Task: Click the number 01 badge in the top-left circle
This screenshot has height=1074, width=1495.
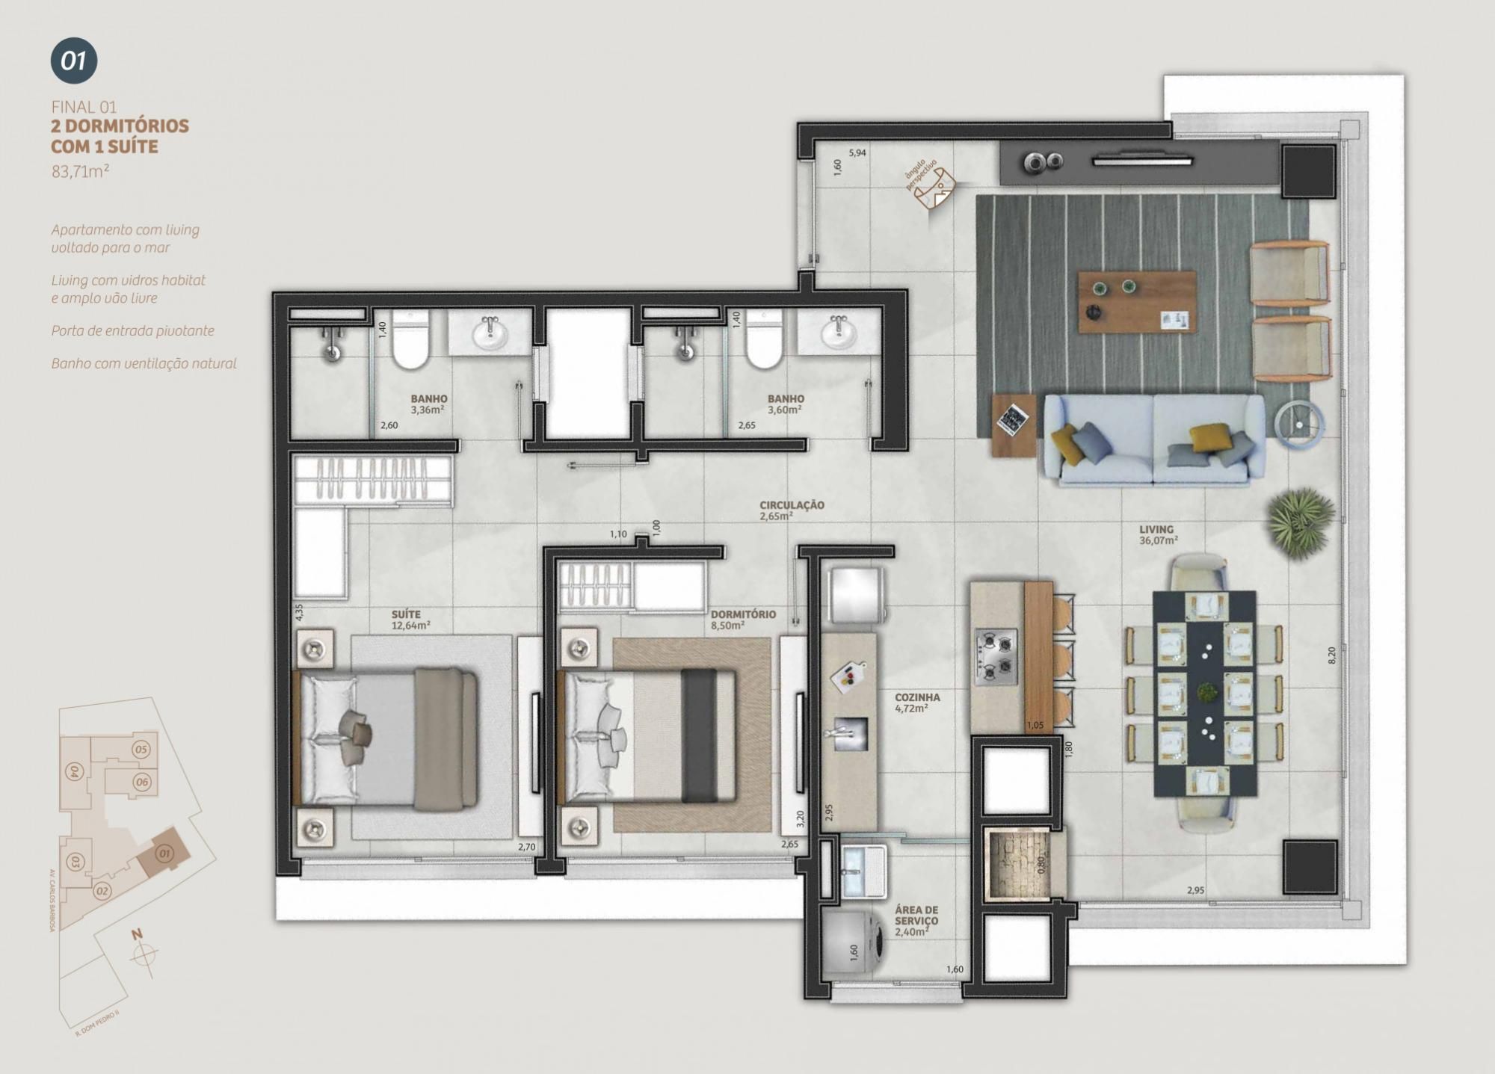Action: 74,61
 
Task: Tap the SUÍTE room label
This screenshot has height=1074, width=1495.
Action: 407,614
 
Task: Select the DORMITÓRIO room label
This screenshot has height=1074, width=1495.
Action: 742,614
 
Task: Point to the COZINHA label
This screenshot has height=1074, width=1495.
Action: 917,697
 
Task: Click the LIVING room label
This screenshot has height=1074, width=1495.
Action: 1156,529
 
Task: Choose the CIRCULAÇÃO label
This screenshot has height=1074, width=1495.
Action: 792,505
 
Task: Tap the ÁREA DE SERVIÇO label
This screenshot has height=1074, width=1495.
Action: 916,916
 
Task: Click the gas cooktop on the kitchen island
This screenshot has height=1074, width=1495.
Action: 995,657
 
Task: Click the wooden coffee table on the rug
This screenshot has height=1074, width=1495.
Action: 1136,302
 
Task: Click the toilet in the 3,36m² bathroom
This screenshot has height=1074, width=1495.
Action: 410,342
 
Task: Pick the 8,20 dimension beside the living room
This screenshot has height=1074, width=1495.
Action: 1331,655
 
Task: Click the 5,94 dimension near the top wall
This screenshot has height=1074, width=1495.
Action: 857,153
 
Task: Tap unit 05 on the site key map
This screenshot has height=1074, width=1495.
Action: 141,749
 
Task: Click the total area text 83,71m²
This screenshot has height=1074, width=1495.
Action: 81,171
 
